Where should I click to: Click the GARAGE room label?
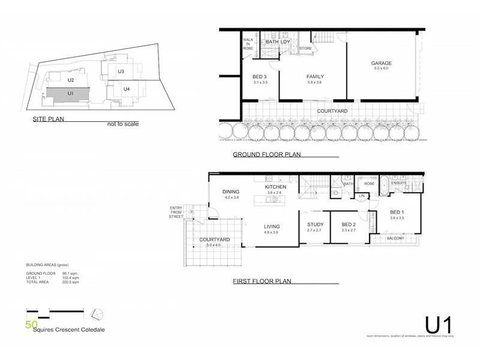(x=380, y=62)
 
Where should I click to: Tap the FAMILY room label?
(x=315, y=77)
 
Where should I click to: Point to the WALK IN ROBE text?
(x=248, y=44)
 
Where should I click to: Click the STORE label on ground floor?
(x=305, y=48)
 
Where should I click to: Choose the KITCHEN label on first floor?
(x=275, y=187)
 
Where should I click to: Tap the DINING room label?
(x=231, y=191)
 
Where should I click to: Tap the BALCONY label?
(x=395, y=238)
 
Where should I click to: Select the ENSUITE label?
(x=399, y=182)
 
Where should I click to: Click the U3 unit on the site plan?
(x=121, y=71)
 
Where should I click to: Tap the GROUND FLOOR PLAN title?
(x=266, y=155)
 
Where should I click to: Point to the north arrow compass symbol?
(x=98, y=314)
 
